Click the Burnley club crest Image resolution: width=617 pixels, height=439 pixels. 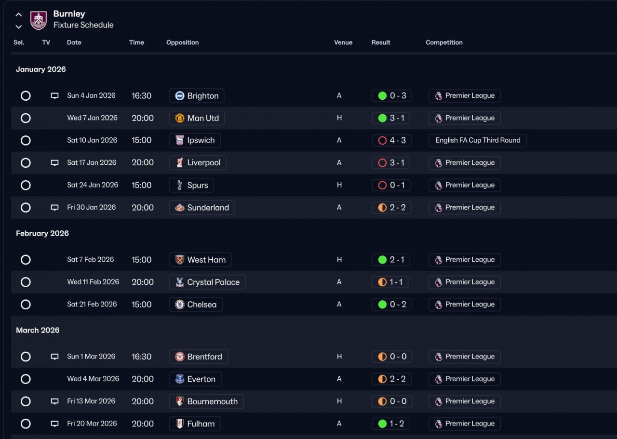39,20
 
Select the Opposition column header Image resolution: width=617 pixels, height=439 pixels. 182,42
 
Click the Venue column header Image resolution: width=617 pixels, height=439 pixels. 343,42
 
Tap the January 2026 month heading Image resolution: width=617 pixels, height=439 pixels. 41,69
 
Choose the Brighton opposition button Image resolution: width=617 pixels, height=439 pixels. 197,96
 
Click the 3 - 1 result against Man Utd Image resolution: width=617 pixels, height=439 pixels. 391,118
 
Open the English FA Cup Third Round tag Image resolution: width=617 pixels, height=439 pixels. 477,140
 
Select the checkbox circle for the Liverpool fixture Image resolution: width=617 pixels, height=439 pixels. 26,163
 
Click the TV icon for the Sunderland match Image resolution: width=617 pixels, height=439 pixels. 55,208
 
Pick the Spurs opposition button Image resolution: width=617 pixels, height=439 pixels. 192,186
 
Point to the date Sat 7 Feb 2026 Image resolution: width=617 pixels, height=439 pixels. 91,260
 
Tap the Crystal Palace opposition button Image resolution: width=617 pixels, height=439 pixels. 207,282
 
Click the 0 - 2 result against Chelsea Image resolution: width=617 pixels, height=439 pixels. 391,305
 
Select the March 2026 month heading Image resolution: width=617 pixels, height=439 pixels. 38,330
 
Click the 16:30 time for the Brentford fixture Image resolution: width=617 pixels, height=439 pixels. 142,357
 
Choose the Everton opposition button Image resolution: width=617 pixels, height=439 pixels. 195,379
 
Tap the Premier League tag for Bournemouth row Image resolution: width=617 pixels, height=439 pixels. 464,401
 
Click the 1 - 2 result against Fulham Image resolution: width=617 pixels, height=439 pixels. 391,424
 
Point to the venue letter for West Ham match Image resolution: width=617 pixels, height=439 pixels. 339,260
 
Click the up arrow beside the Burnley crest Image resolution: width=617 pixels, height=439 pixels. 18,15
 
